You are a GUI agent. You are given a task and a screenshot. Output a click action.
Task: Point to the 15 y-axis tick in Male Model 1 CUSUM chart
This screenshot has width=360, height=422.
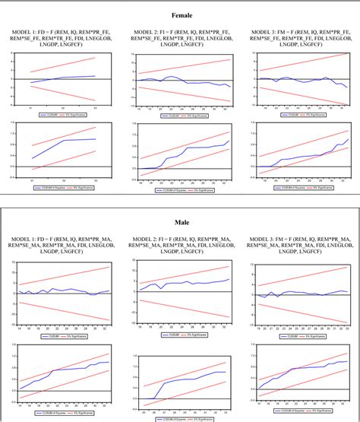(x=9, y=262)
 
